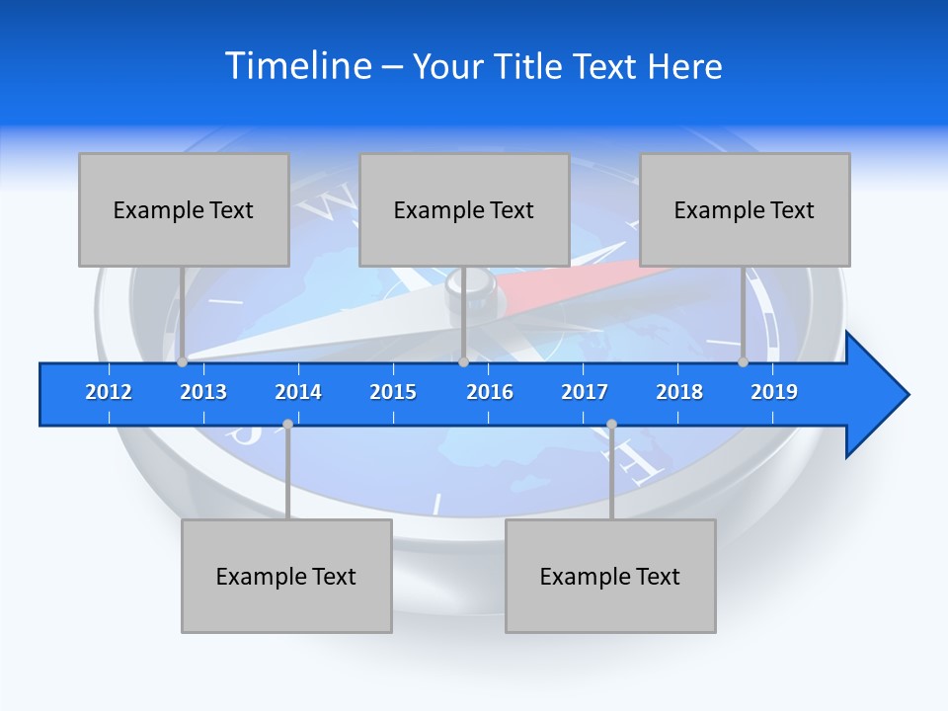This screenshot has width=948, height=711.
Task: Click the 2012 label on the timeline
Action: [109, 392]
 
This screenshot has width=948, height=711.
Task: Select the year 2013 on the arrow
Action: [203, 392]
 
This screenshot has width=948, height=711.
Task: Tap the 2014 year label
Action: [298, 392]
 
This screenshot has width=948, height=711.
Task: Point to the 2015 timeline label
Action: [393, 392]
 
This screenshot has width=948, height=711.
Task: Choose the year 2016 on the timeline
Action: [490, 392]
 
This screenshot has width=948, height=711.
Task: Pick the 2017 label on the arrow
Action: [585, 392]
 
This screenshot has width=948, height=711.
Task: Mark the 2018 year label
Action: [679, 392]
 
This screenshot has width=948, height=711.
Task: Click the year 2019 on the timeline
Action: [774, 392]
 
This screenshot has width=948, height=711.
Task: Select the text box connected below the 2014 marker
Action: [286, 576]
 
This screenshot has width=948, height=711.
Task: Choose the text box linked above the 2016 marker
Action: [464, 209]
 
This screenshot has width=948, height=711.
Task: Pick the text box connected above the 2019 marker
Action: [745, 209]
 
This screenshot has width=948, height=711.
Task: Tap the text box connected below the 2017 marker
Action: [610, 576]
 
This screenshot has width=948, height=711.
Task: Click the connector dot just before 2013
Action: [182, 362]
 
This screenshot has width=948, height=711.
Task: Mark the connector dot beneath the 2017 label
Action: [611, 425]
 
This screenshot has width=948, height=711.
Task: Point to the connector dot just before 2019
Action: [743, 362]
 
